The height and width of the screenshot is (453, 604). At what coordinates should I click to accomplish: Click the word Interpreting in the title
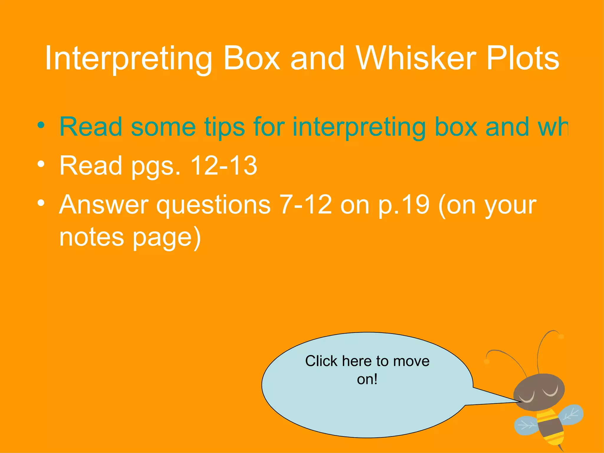point(128,59)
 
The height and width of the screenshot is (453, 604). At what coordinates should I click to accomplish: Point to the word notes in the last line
point(91,237)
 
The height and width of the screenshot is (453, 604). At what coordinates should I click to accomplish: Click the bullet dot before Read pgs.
point(41,164)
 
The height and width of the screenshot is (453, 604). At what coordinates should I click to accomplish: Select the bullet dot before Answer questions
point(41,203)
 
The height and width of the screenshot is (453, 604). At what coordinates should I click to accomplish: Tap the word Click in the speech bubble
point(321,361)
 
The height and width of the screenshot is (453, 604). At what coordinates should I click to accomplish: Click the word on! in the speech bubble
point(367,379)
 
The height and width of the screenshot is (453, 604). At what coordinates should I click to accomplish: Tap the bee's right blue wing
point(572,414)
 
